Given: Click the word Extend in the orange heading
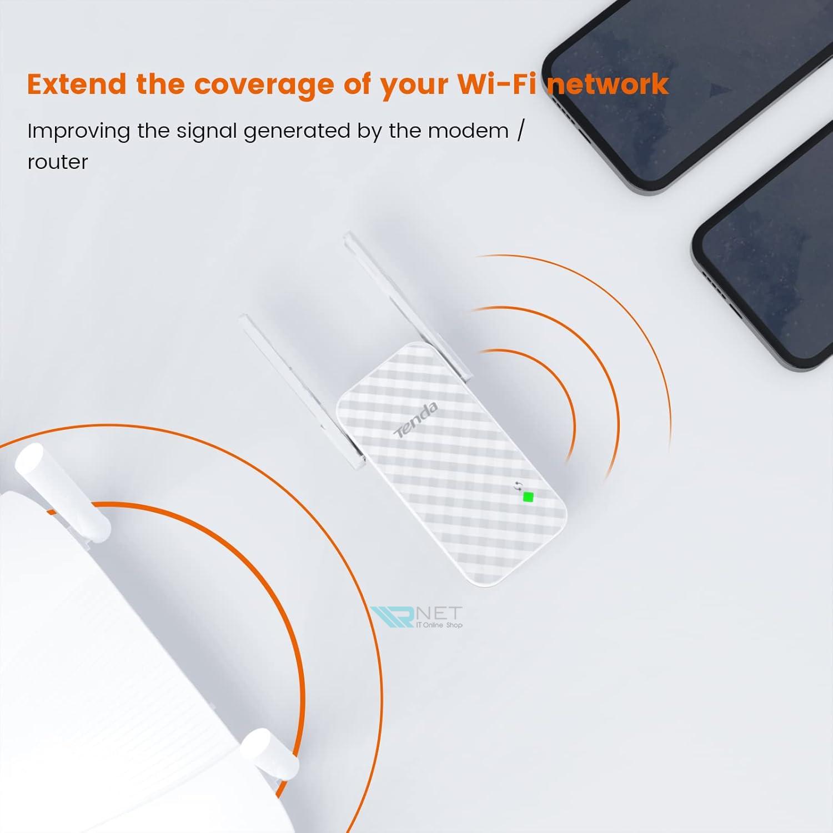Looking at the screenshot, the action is (x=77, y=84).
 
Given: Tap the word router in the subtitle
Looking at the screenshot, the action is (x=58, y=163).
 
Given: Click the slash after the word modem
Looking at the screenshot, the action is (x=520, y=131).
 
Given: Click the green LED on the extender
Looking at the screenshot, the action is (x=528, y=497).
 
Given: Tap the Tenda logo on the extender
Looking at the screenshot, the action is (x=416, y=420).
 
